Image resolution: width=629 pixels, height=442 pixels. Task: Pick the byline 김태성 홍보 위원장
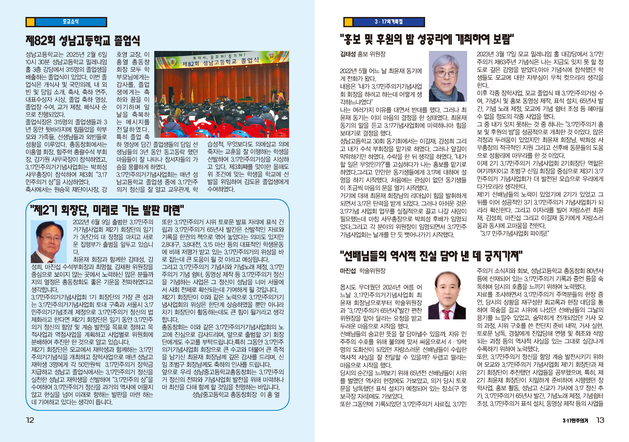tap(363, 54)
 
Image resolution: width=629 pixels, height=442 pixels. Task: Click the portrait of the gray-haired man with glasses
tap(448, 76)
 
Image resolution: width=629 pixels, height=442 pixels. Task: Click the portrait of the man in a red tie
tap(447, 295)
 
